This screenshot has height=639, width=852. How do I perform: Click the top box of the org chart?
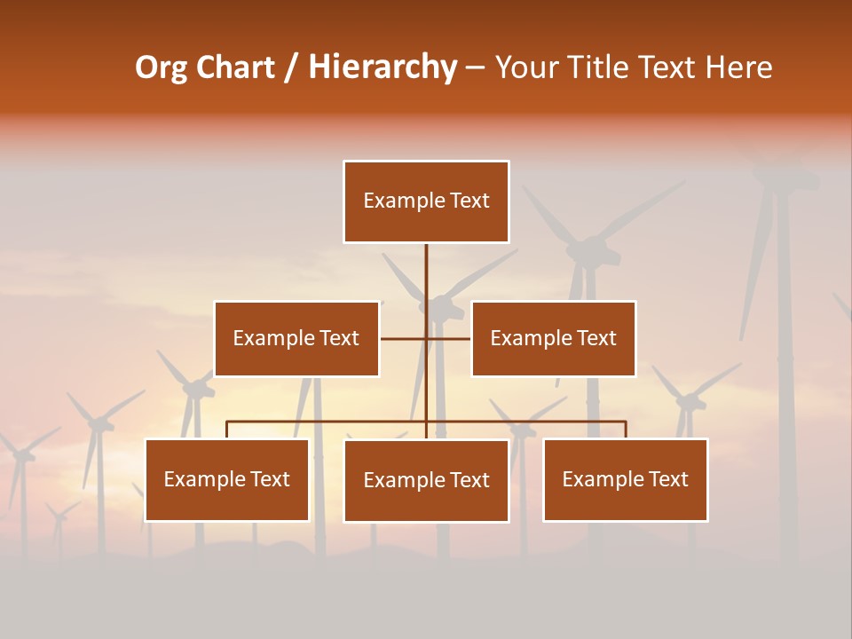pyautogui.click(x=426, y=201)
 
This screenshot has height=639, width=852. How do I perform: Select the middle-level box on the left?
pyautogui.click(x=296, y=338)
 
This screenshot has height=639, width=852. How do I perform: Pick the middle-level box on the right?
pyautogui.click(x=553, y=338)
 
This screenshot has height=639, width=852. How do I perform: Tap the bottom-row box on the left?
pyautogui.click(x=227, y=479)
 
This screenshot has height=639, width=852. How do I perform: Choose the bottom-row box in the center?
pyautogui.click(x=426, y=480)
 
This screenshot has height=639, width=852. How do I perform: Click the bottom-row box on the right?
pyautogui.click(x=625, y=479)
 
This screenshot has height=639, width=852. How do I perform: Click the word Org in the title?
pyautogui.click(x=161, y=68)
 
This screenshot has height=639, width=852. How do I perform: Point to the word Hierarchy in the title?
pyautogui.click(x=383, y=68)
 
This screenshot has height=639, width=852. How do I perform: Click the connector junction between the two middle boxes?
pyautogui.click(x=426, y=338)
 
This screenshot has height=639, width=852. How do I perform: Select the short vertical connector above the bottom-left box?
pyautogui.click(x=227, y=430)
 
